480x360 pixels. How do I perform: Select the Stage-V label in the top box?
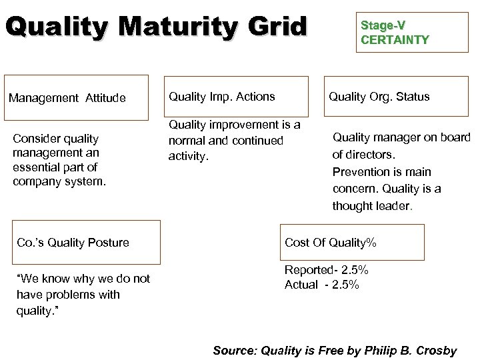[383, 25]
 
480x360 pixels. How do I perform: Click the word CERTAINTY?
[395, 40]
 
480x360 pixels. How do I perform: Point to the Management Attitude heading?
[67, 98]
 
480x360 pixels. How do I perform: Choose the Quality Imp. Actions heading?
[222, 97]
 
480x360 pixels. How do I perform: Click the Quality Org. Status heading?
[379, 97]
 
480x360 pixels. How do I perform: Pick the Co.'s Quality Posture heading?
[73, 243]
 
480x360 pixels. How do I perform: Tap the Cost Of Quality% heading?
[331, 243]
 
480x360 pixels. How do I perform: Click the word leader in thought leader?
[393, 206]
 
